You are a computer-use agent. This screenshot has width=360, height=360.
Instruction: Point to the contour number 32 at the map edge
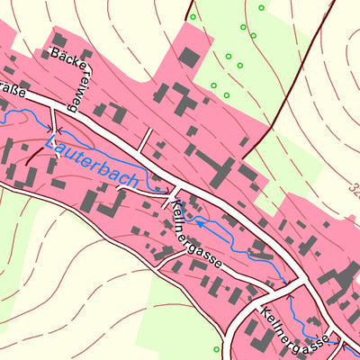(x=352, y=191)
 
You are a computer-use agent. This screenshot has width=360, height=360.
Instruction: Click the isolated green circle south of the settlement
(x=217, y=348)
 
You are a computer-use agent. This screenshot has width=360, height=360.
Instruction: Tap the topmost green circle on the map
(x=261, y=8)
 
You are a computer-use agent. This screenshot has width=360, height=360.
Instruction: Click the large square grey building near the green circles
(x=189, y=58)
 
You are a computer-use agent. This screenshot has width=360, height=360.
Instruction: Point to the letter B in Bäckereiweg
(x=57, y=55)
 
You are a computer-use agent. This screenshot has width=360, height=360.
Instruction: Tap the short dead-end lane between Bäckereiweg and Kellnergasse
(x=144, y=139)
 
